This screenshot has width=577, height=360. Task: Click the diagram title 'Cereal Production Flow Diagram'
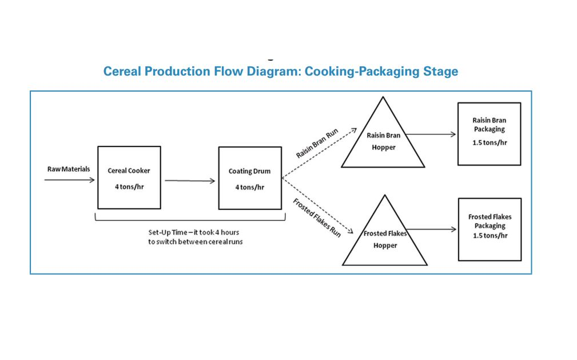pyautogui.click(x=280, y=72)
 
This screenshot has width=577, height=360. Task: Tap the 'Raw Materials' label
pyautogui.click(x=67, y=169)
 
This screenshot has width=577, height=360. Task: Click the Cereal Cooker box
pyautogui.click(x=129, y=177)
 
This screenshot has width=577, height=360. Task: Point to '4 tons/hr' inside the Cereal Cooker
pyautogui.click(x=129, y=186)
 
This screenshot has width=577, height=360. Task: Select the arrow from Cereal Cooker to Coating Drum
pyautogui.click(x=190, y=181)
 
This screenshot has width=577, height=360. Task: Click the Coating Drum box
pyautogui.click(x=249, y=177)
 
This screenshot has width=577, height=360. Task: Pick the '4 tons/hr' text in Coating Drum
pyautogui.click(x=249, y=187)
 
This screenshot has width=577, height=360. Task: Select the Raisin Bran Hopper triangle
pyautogui.click(x=383, y=143)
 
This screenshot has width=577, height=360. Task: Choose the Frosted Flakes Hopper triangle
pyautogui.click(x=384, y=240)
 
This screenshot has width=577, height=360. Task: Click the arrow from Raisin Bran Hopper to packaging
pyautogui.click(x=431, y=135)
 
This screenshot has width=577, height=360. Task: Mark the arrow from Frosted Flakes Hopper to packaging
pyautogui.click(x=432, y=230)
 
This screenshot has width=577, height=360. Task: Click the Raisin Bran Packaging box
pyautogui.click(x=489, y=134)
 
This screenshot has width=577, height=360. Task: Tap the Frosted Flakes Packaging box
pyautogui.click(x=490, y=230)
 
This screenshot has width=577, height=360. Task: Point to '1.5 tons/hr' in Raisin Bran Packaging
pyautogui.click(x=490, y=143)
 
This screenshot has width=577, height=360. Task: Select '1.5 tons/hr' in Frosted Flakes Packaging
pyautogui.click(x=490, y=235)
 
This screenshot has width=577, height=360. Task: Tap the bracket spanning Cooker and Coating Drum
pyautogui.click(x=189, y=220)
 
